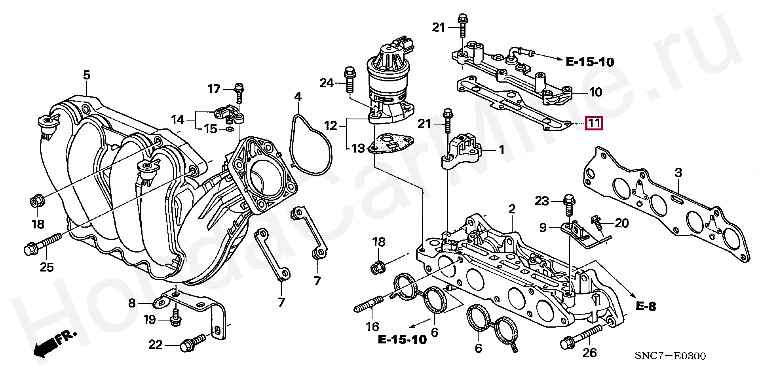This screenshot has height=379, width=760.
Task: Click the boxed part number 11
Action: click(x=594, y=124)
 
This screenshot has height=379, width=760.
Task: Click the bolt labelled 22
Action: click(x=193, y=343)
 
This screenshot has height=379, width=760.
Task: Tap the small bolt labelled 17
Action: click(x=239, y=93)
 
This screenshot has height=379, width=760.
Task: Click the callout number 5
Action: click(x=87, y=75)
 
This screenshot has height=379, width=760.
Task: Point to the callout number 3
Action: click(x=678, y=173)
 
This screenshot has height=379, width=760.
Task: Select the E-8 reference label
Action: click(x=646, y=306)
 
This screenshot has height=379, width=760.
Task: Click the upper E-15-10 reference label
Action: click(x=590, y=62)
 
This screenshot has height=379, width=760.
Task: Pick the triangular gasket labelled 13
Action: click(x=391, y=144)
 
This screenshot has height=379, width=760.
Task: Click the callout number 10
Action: click(x=596, y=92)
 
